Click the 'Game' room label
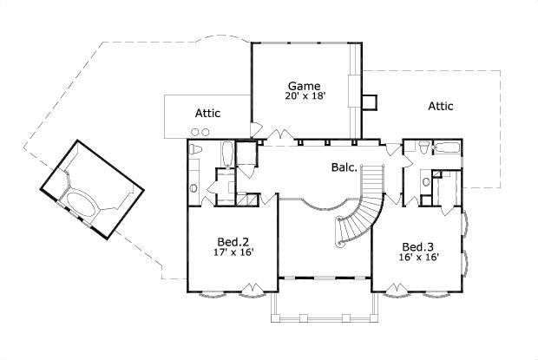point(305,85)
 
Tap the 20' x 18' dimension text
point(305,96)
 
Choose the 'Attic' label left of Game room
point(207,114)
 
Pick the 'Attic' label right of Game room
point(441,106)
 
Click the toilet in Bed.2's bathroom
point(196,152)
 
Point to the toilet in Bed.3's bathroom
point(422,149)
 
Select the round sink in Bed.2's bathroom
point(195,187)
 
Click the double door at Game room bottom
point(279,135)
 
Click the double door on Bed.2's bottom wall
point(251,288)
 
